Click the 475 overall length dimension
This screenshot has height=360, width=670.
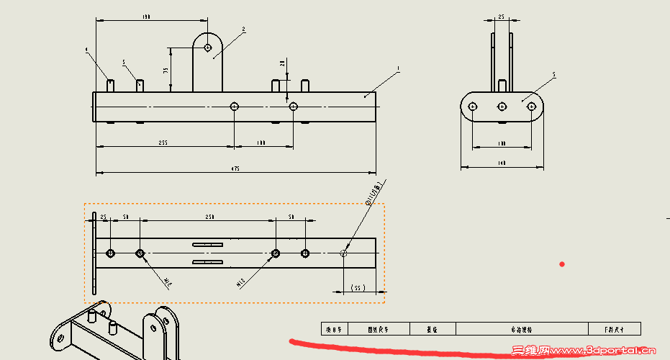[235, 168]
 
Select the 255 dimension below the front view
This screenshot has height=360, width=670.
[163, 143]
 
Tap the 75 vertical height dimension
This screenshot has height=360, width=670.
[166, 70]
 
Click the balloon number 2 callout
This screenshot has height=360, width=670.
[244, 30]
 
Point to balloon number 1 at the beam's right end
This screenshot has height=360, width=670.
[398, 69]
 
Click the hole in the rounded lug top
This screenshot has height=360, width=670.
[208, 48]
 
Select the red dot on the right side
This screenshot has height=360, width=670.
[562, 264]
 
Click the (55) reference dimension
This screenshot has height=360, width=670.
[357, 287]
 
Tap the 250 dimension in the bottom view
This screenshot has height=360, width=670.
[209, 216]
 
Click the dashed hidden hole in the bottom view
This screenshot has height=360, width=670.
[343, 253]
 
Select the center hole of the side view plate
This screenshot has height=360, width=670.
[502, 107]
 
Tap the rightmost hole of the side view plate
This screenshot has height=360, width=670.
[531, 107]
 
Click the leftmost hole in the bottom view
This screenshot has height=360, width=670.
[110, 253]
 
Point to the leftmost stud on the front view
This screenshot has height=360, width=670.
[111, 85]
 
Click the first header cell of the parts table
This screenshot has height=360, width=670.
[334, 328]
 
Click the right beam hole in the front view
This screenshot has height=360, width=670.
[293, 107]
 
